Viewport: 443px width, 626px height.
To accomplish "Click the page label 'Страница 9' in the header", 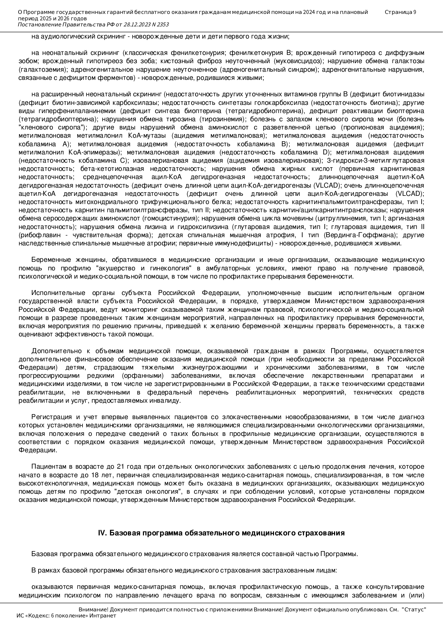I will coord(400,12).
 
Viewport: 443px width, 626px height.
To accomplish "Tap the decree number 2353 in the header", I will coord(161,25).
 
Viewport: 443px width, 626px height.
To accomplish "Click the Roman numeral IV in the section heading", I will coord(102,533).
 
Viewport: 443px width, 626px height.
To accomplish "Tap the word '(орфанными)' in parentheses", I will coord(143,376).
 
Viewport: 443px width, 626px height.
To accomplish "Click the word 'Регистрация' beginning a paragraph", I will coord(51,417).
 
